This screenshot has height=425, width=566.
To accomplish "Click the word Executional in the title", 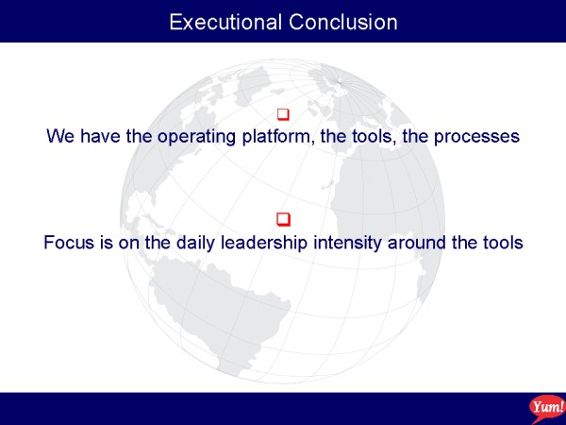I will click(225, 22).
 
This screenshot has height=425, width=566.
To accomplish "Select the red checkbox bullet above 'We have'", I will click(283, 114).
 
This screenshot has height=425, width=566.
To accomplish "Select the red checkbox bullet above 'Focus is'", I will click(283, 220).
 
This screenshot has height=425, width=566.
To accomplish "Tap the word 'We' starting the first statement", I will click(60, 137).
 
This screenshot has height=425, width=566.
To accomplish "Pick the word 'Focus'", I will click(66, 243).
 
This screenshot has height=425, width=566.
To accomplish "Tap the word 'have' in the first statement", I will click(100, 137).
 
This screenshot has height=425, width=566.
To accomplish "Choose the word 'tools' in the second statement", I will click(501, 243).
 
